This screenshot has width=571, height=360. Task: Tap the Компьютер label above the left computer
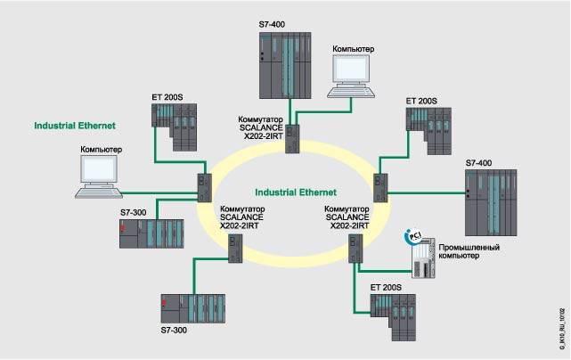[101, 149]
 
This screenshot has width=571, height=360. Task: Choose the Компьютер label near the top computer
[353, 47]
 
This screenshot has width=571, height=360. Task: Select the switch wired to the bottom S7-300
[235, 252]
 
